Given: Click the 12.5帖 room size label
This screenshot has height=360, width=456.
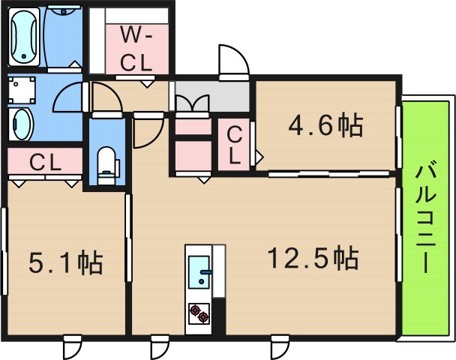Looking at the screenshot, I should (313, 259).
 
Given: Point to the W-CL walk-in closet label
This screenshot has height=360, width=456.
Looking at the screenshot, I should (136, 48).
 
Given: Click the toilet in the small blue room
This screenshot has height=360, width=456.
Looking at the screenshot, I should (107, 163).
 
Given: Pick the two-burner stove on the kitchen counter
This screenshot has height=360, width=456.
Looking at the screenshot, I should (199, 312).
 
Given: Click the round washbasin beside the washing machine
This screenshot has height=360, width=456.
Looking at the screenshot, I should (21, 122).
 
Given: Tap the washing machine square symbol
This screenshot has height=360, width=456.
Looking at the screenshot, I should (22, 90).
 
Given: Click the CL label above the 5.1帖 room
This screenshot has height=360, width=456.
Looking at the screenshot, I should (45, 160).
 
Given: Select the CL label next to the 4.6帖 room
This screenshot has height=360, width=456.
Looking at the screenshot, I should (235, 145).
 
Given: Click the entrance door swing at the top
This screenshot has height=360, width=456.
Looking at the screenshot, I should (232, 60).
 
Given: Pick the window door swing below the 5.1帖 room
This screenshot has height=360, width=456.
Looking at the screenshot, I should (72, 346).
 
